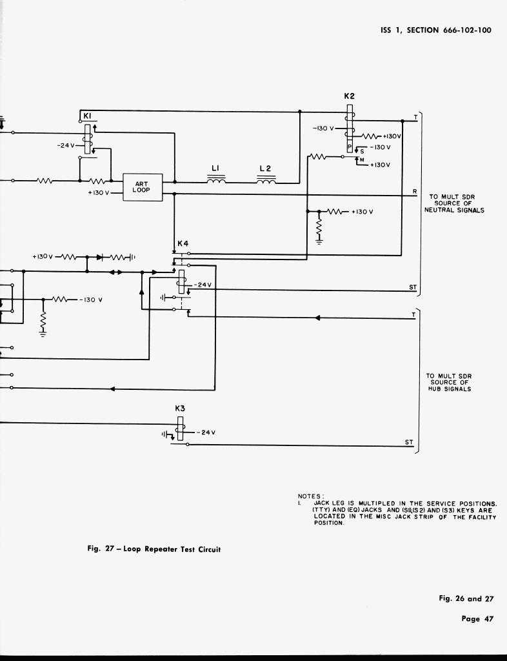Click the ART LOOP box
(x=142, y=187)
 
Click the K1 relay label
(x=87, y=116)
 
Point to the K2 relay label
(x=349, y=96)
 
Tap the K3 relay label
(x=180, y=409)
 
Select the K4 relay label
(x=183, y=244)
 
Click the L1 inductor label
(x=216, y=168)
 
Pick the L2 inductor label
(x=265, y=169)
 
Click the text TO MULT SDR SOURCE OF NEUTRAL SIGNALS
(x=454, y=203)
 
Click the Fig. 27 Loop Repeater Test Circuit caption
(x=154, y=549)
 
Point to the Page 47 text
(x=477, y=619)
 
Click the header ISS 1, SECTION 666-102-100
(x=436, y=30)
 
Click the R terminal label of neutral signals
(x=415, y=190)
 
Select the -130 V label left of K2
(x=323, y=128)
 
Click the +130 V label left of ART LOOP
(x=99, y=193)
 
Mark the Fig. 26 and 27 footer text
(x=466, y=598)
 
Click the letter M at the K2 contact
(x=361, y=159)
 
